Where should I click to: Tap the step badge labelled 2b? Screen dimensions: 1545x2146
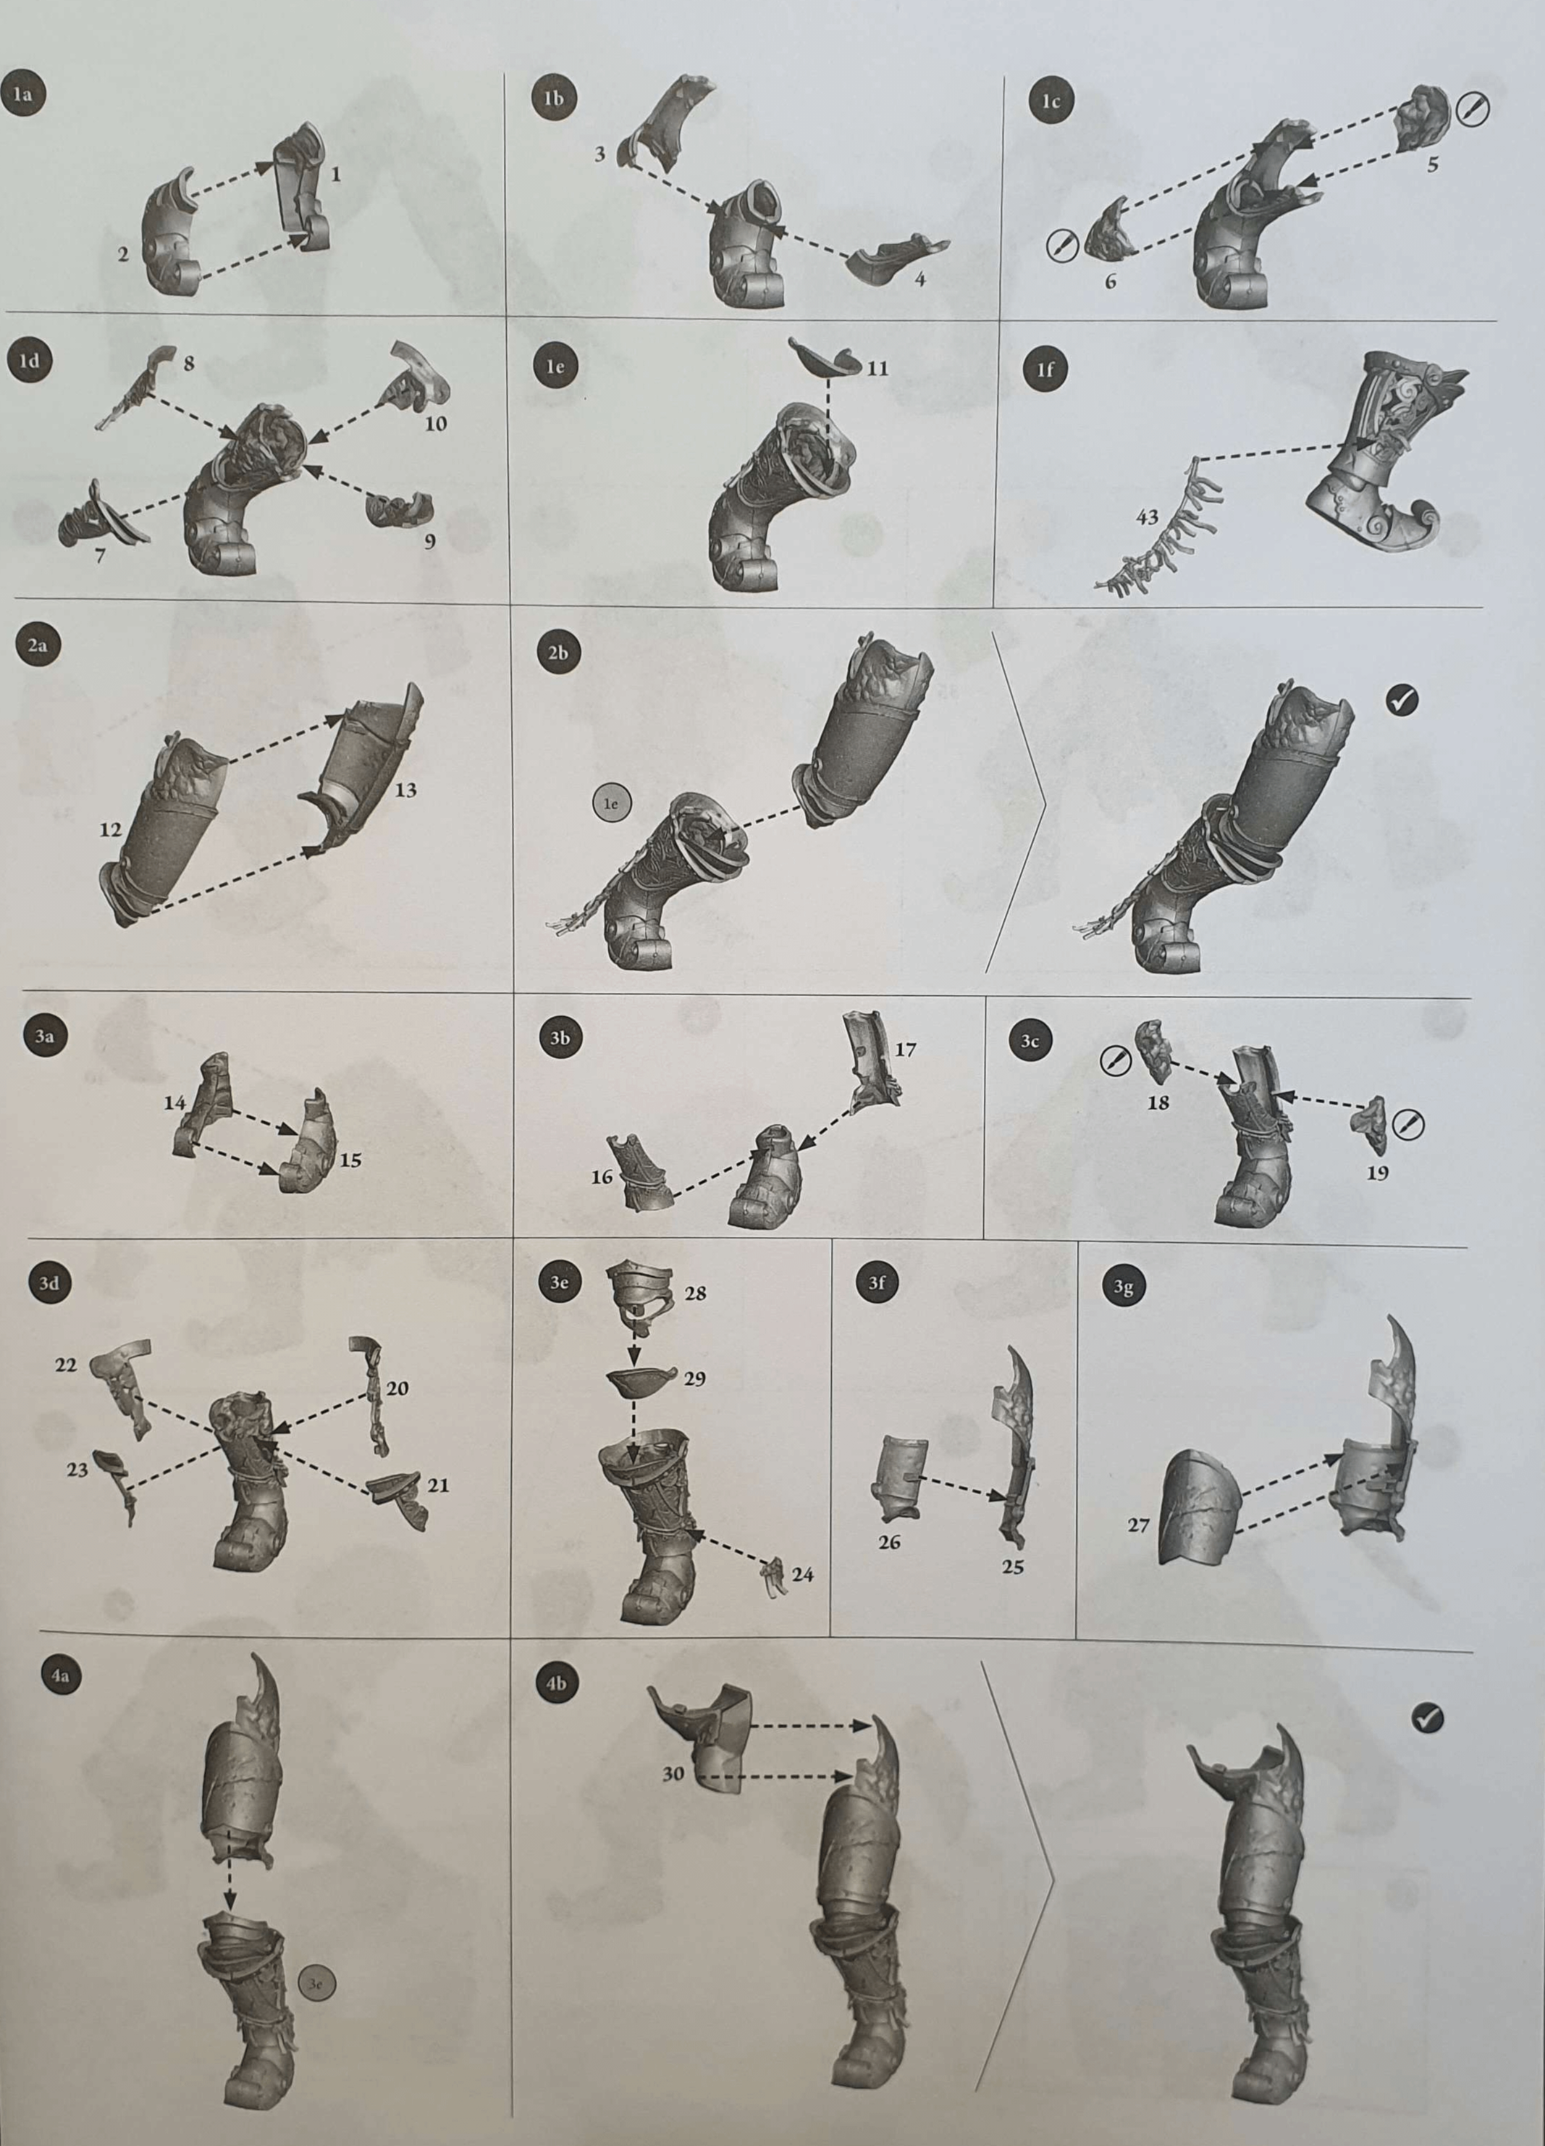(557, 652)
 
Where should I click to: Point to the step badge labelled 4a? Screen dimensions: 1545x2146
(61, 1676)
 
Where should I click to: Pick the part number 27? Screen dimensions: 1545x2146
(1137, 1525)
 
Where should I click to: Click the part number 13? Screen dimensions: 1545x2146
(405, 789)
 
